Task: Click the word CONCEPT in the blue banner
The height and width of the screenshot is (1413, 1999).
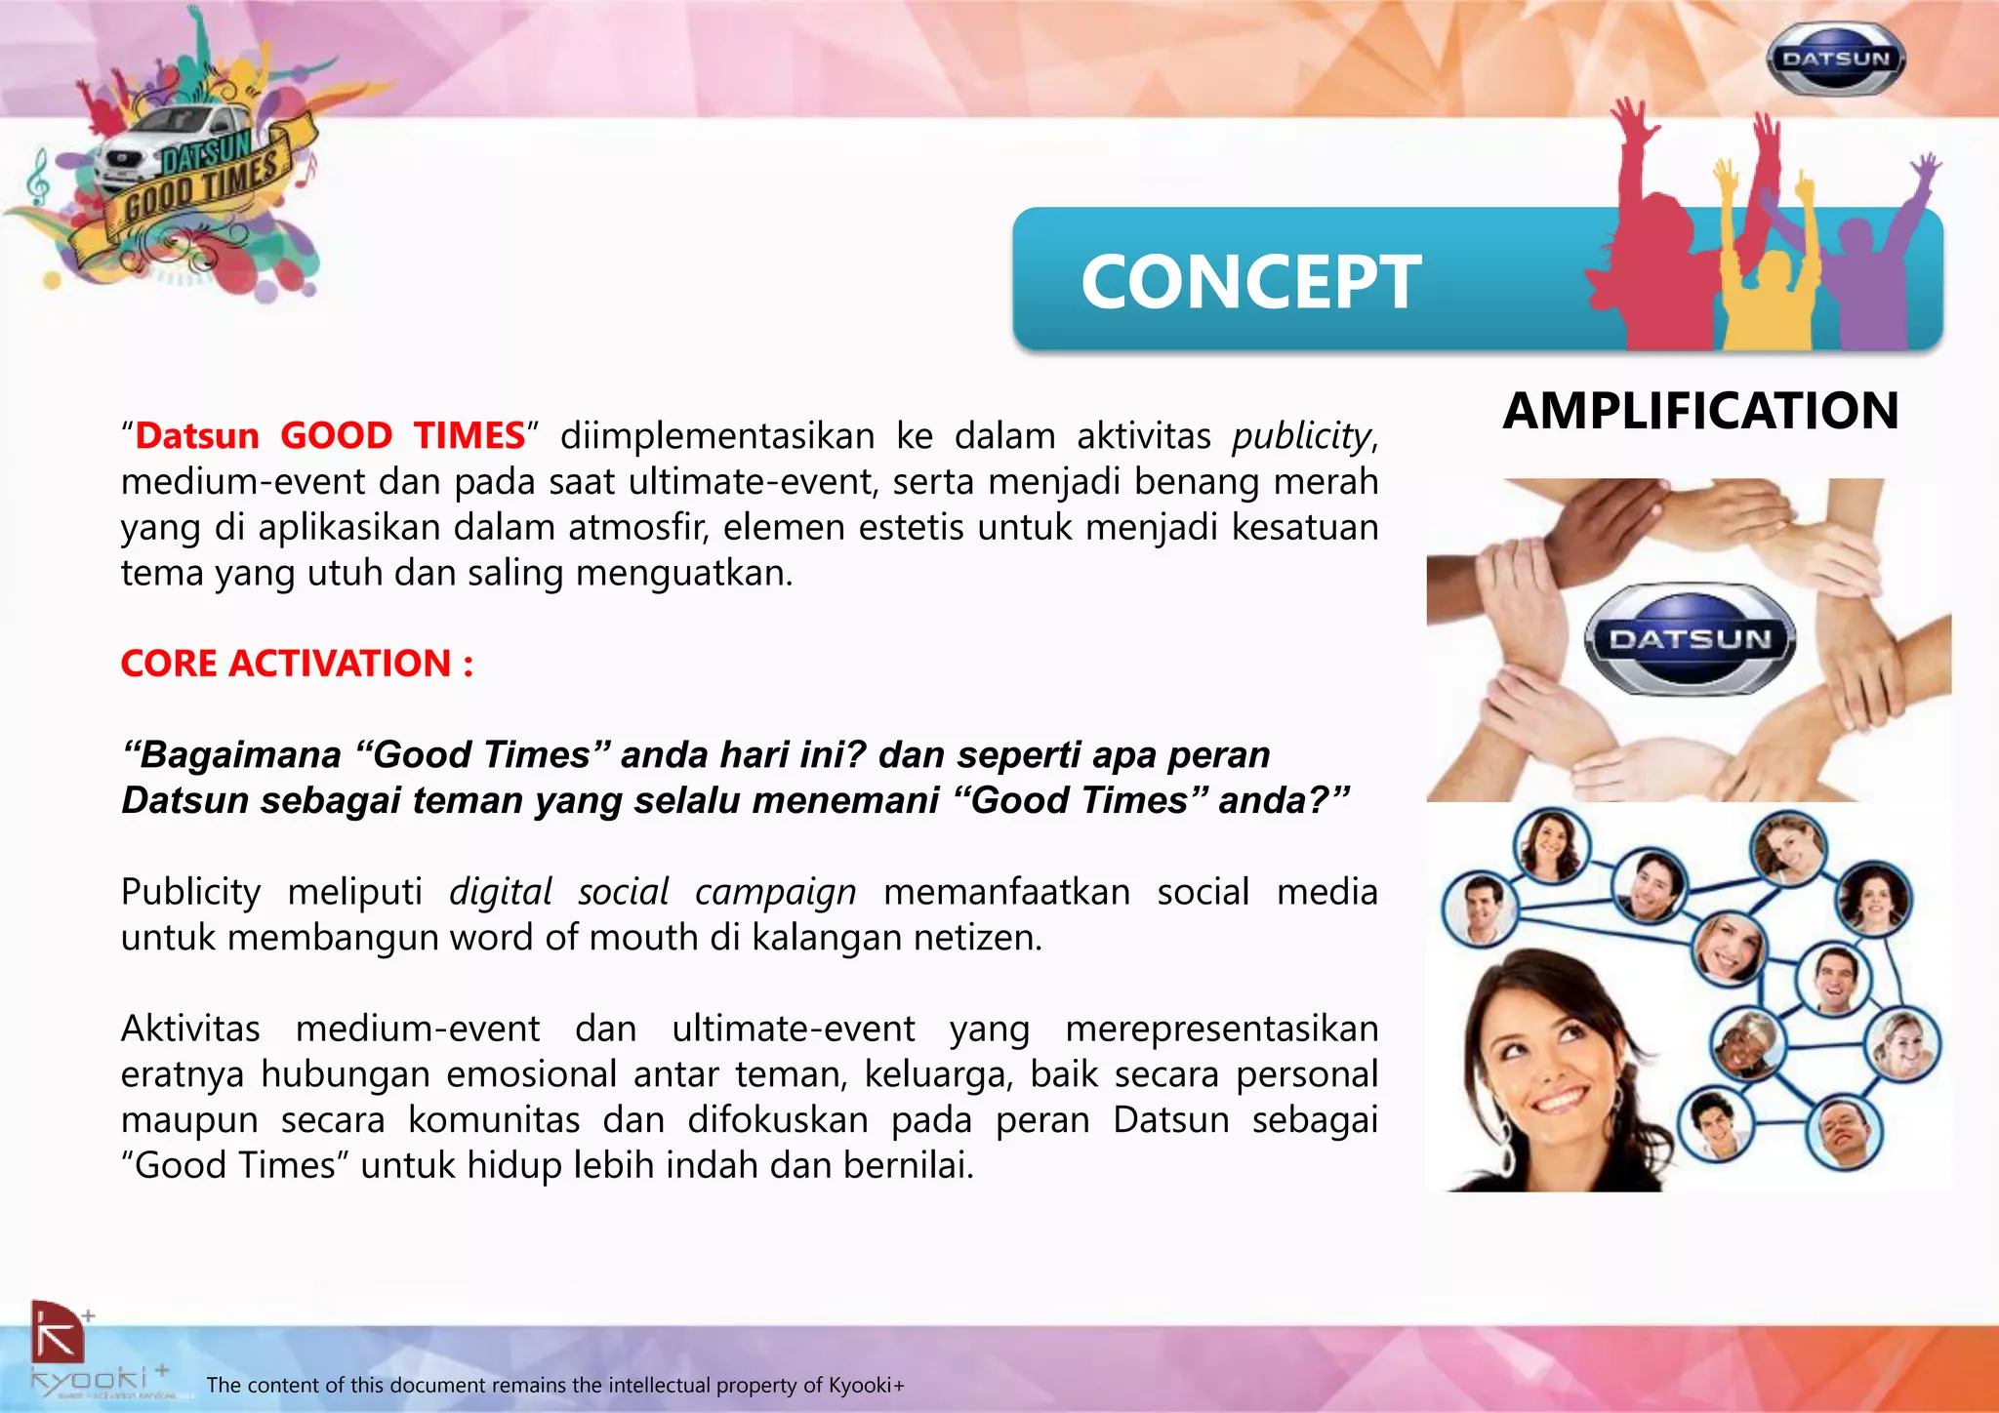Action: (1250, 282)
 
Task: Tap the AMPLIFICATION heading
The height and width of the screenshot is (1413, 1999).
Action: (1700, 411)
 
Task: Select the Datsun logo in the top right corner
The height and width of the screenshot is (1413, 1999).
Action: (1835, 60)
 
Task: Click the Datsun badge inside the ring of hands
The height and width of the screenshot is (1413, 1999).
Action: (1690, 640)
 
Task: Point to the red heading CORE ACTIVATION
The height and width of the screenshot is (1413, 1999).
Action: (297, 664)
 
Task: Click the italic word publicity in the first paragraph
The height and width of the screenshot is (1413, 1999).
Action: (1301, 436)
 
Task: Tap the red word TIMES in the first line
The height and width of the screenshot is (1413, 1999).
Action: (469, 436)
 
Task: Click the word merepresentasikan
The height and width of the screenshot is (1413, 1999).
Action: (1221, 1029)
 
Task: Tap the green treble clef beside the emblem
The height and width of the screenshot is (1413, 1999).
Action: (40, 176)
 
